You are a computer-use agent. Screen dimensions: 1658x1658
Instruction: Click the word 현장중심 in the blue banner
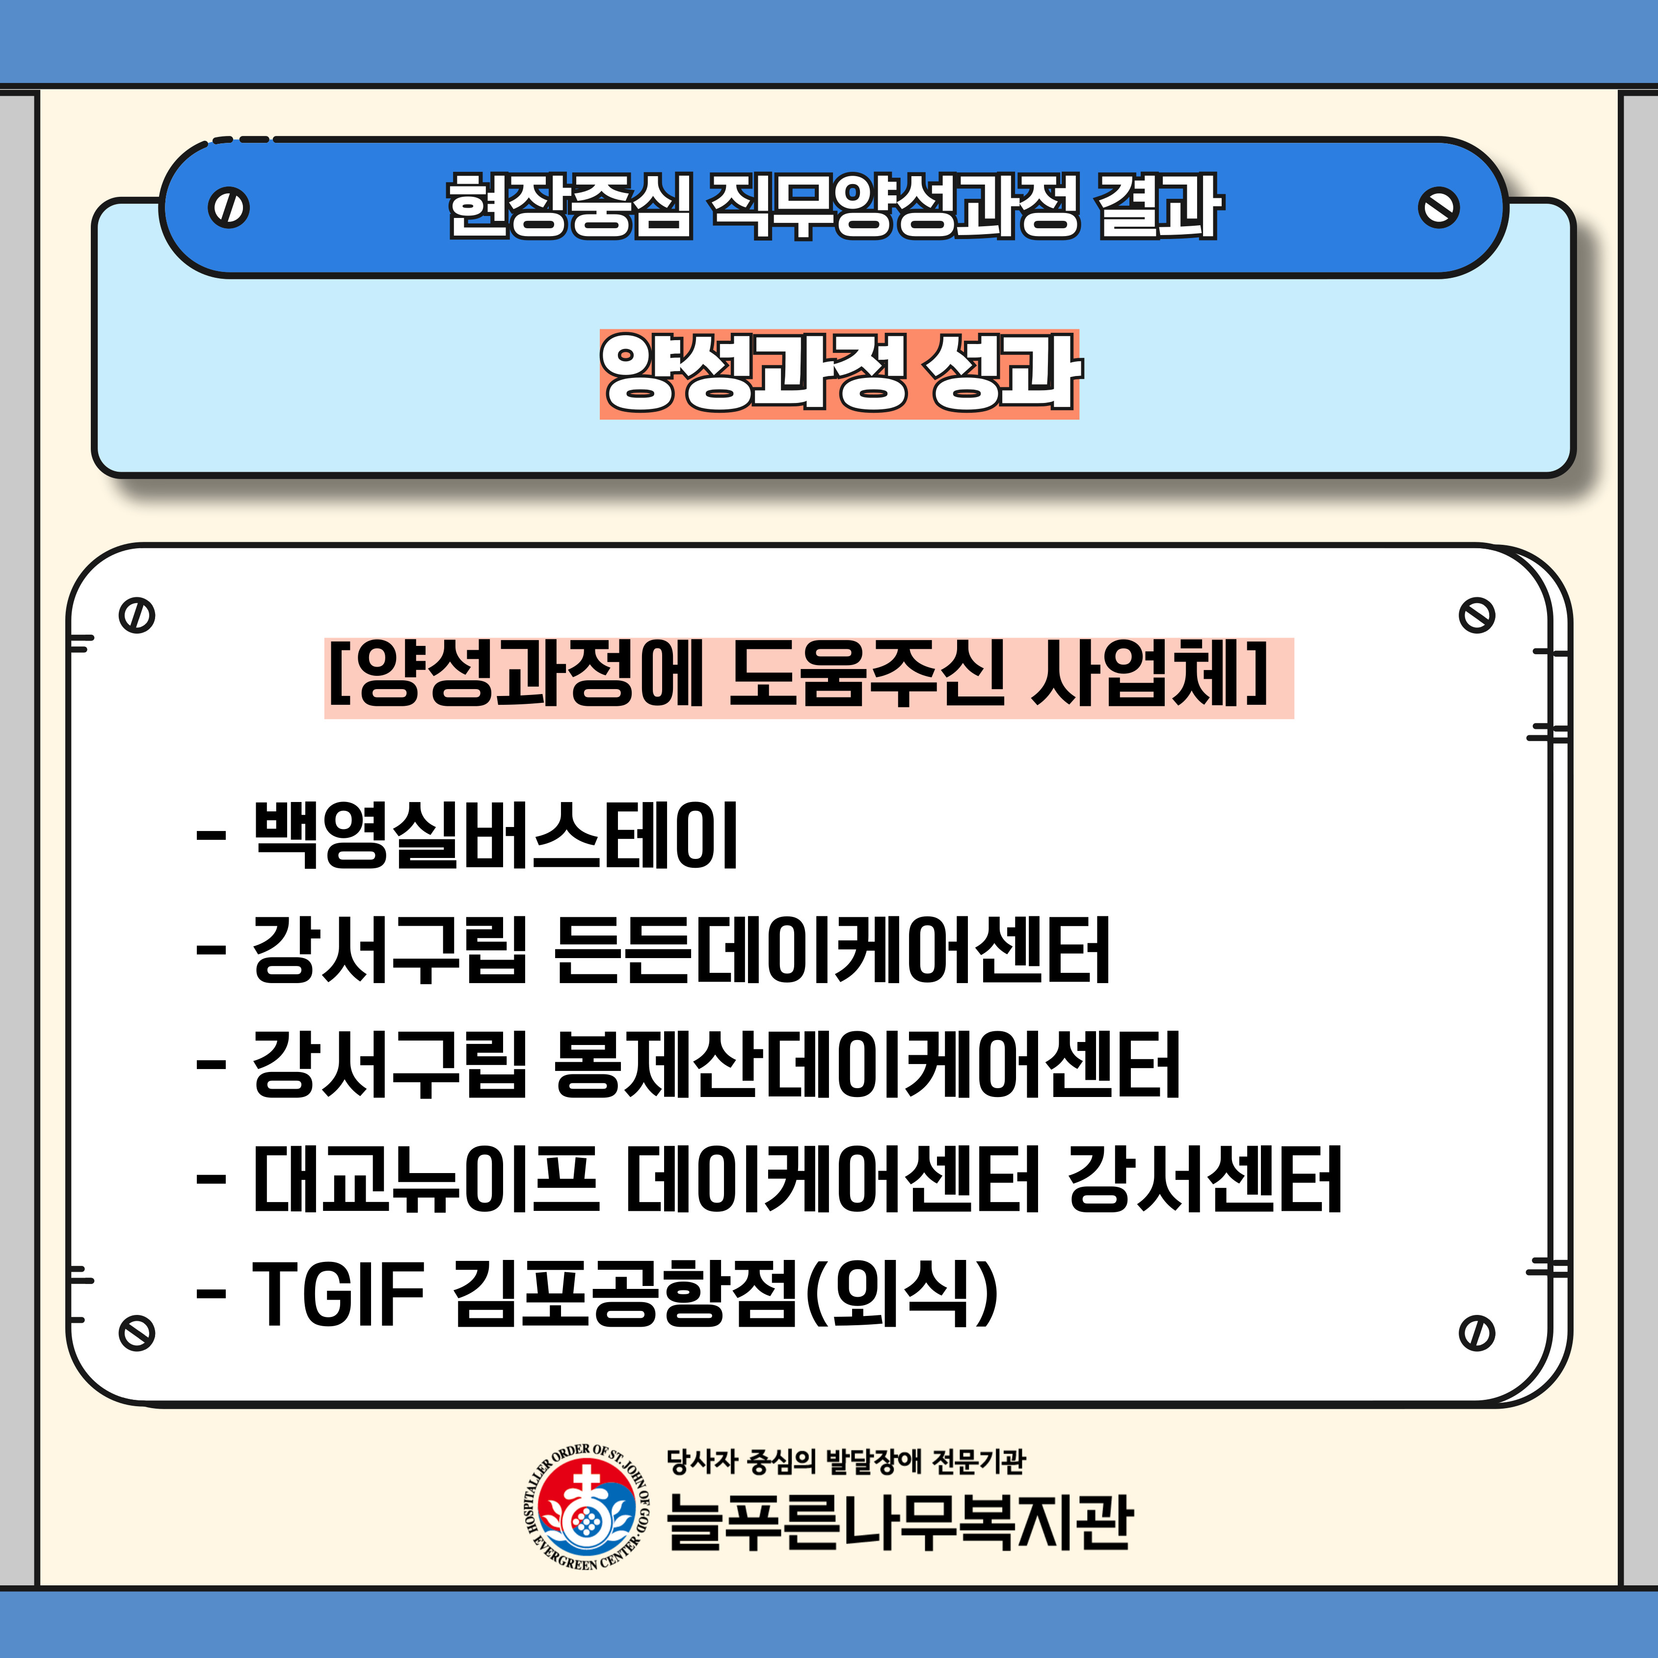tap(569, 206)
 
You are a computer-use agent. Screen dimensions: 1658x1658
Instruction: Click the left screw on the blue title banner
tap(228, 208)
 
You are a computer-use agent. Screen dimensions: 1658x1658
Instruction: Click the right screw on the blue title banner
tap(1439, 208)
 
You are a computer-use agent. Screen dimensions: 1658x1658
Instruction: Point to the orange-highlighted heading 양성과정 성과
tap(839, 374)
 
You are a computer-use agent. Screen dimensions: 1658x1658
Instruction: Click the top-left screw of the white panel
tap(137, 615)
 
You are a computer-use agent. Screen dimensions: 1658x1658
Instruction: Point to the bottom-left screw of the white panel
tap(137, 1333)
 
